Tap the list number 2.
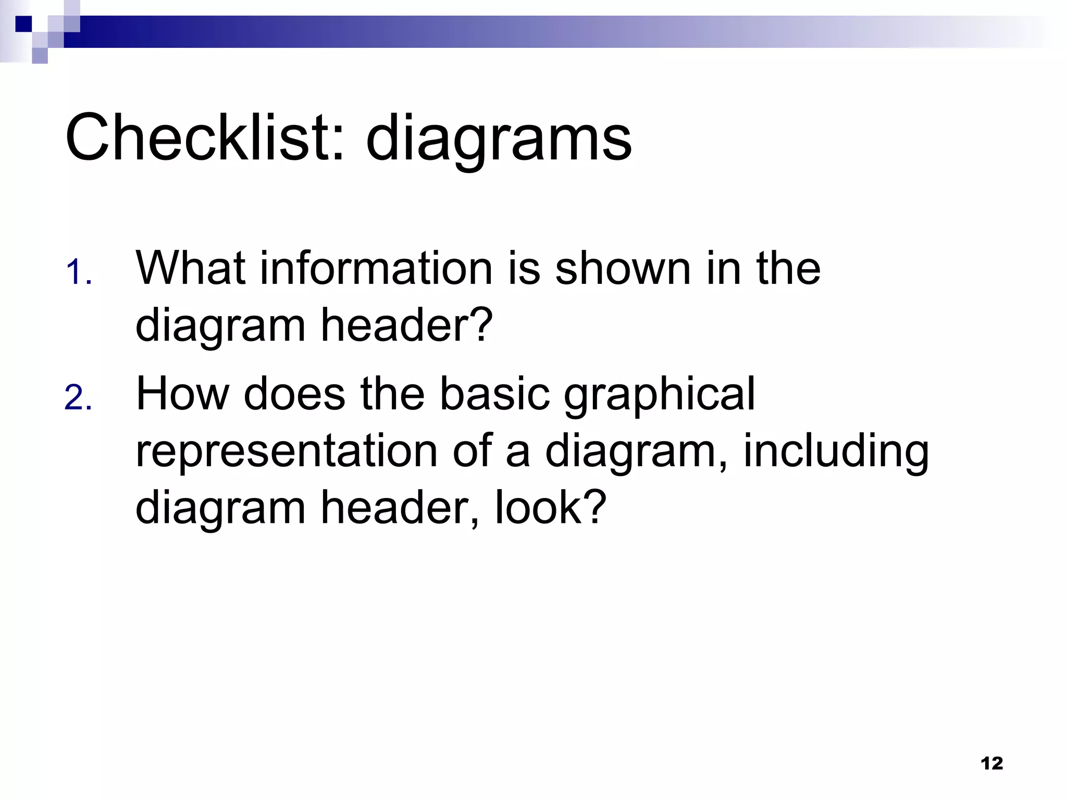(x=79, y=398)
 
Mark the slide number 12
(x=991, y=764)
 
